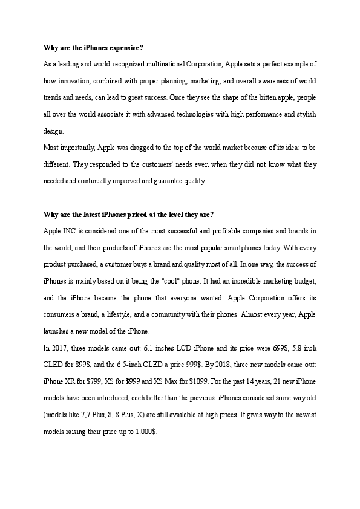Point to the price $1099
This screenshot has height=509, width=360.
pyautogui.click(x=197, y=381)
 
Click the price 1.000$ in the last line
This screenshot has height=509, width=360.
pyautogui.click(x=146, y=432)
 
